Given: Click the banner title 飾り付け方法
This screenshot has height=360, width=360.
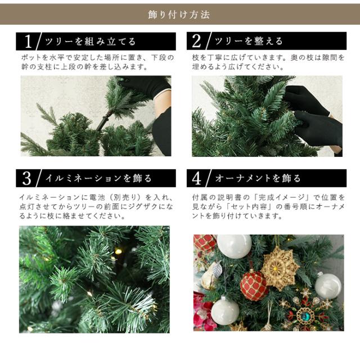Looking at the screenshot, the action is point(179,15).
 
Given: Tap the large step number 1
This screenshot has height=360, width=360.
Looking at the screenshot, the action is point(28,42).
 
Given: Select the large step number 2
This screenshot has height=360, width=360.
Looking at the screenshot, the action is point(196,41).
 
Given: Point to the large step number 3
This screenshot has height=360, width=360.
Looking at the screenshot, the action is point(26,178).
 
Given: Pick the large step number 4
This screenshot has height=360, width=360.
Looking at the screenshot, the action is point(196,178).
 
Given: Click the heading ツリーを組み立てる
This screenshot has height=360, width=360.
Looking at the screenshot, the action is point(90,42).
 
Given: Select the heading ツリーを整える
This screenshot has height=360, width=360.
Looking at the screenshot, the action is point(249,41).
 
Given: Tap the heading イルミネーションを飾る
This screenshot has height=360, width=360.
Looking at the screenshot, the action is point(98,178).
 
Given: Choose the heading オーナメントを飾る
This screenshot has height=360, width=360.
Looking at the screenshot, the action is point(258,178).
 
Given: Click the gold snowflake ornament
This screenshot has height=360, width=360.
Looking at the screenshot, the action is point(280,268).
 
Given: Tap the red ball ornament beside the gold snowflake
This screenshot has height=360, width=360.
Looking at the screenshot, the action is point(254,286).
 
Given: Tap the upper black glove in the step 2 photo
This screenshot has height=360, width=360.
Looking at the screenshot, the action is point(306,99).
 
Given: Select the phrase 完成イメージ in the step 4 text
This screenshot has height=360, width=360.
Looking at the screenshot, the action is point(283,197).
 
